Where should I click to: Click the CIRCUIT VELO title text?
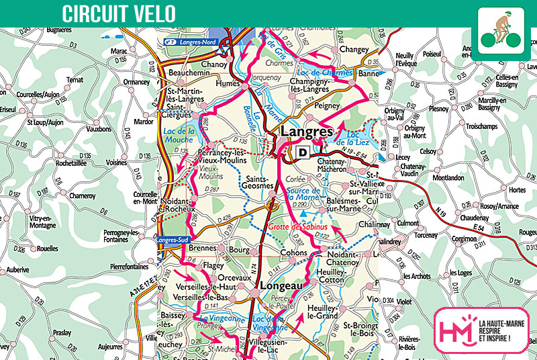click(x=119, y=13)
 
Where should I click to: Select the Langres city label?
click(x=307, y=132)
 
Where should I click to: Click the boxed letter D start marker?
click(x=303, y=152)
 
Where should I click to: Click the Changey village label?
click(x=354, y=50)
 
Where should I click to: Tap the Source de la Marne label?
click(x=303, y=195)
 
